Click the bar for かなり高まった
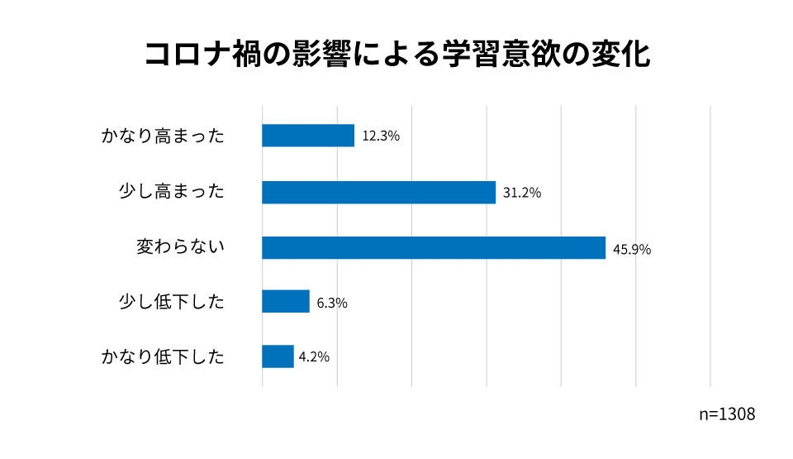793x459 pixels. (x=308, y=136)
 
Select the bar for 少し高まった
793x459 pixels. (x=378, y=192)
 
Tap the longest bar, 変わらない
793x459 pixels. (x=434, y=247)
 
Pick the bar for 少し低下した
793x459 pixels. (x=286, y=302)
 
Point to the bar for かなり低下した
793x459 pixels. (x=278, y=356)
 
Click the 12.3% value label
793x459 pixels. (x=381, y=136)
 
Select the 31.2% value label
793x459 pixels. (x=521, y=193)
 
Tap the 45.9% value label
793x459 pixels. (x=632, y=248)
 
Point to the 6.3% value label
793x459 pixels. (x=332, y=303)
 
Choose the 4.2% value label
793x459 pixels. (x=314, y=357)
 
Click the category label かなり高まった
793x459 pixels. (x=163, y=136)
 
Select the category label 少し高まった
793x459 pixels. (x=172, y=192)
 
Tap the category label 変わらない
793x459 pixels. (x=181, y=247)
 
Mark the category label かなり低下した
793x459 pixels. (x=163, y=357)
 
